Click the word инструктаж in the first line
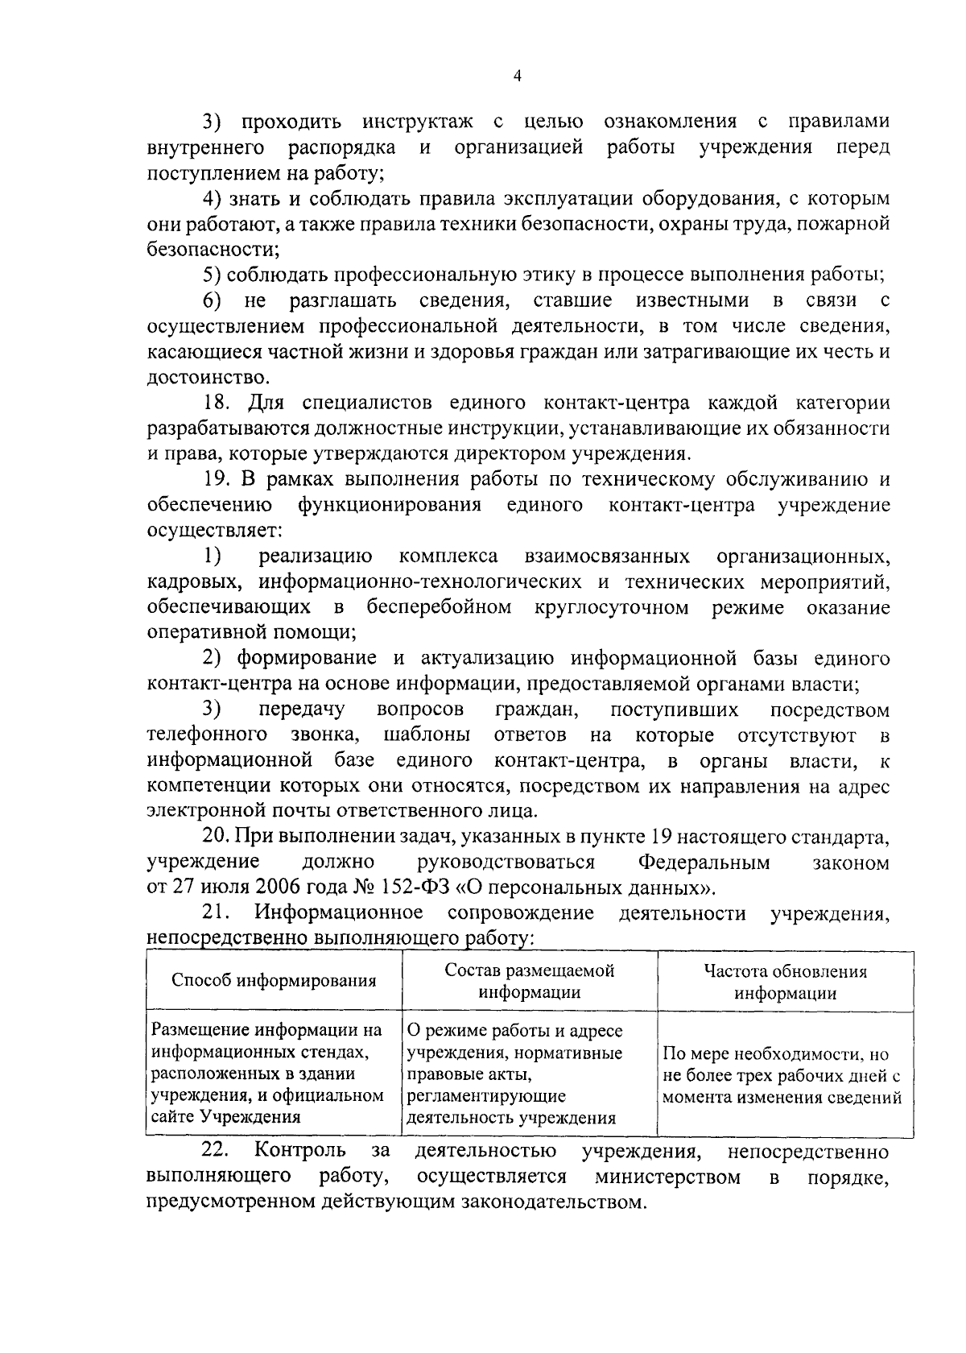coord(417,122)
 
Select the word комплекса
coord(448,557)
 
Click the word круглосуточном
coord(611,607)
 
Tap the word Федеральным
coord(704,863)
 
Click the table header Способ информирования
coord(274,981)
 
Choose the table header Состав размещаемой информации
coord(529,981)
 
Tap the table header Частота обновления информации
coord(785,982)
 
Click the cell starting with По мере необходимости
coord(781,1075)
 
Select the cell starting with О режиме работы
coord(515,1074)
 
